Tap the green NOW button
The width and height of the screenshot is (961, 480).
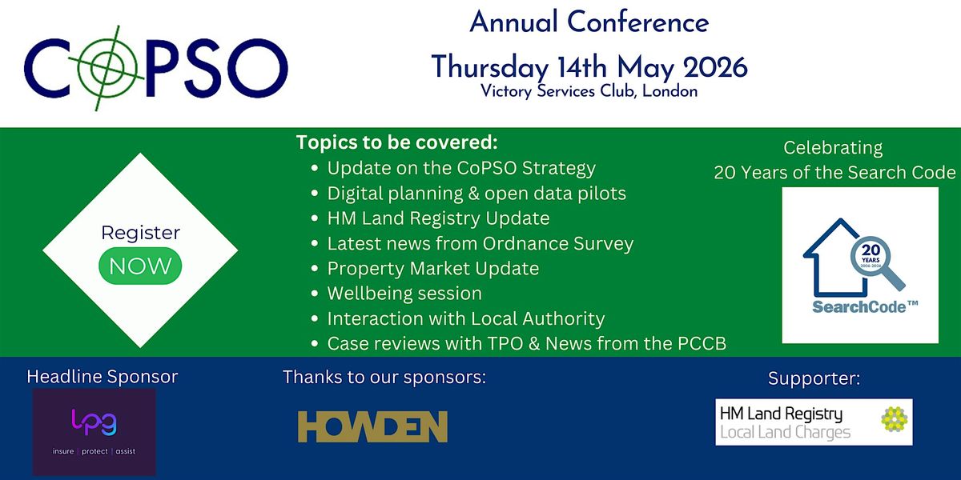(140, 266)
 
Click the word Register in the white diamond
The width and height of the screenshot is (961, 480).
(140, 233)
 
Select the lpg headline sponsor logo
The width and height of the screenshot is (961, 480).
(94, 431)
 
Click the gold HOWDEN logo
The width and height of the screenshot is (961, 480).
(372, 426)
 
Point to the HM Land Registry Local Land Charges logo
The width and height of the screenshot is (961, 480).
(814, 422)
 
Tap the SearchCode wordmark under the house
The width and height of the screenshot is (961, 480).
(865, 307)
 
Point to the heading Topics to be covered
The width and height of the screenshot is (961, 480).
(397, 142)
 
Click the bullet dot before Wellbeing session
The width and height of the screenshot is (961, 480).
(315, 294)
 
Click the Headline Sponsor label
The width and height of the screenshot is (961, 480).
(103, 377)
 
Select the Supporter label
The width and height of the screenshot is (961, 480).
(814, 378)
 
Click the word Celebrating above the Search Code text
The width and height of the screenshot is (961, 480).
(833, 148)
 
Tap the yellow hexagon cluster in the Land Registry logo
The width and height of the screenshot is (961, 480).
(894, 419)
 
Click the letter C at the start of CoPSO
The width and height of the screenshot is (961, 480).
(47, 68)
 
